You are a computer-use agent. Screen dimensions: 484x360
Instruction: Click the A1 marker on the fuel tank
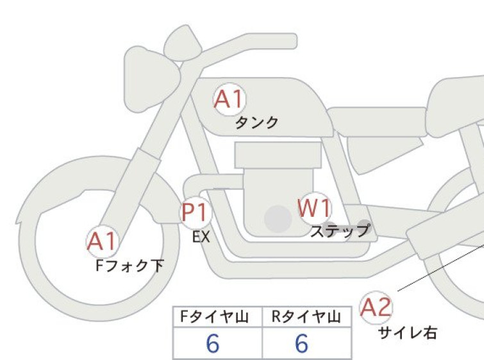(x=229, y=99)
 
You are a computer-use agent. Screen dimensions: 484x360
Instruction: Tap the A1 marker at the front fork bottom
(x=102, y=241)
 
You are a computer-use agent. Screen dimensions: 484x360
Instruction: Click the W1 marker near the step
(x=315, y=209)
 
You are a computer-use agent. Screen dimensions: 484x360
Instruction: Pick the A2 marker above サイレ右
(x=376, y=307)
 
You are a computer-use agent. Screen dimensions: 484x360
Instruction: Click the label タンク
(x=257, y=123)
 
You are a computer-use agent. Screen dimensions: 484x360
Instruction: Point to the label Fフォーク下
(x=129, y=266)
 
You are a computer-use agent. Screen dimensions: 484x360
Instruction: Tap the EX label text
(x=201, y=237)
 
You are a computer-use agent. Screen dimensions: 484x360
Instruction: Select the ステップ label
(x=340, y=231)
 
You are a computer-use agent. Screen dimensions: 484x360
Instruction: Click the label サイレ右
(x=408, y=333)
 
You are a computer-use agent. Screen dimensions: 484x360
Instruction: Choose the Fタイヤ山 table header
(x=214, y=317)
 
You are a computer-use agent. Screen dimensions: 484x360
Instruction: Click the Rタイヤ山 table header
(x=306, y=317)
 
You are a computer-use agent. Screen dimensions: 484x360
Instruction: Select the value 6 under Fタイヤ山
(x=213, y=343)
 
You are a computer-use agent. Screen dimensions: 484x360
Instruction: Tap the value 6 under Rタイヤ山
(x=302, y=343)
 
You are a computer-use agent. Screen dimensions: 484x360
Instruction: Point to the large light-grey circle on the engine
(x=278, y=219)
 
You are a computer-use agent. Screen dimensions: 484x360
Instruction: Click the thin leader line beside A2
(x=441, y=268)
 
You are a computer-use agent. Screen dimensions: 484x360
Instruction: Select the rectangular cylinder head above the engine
(x=278, y=155)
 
